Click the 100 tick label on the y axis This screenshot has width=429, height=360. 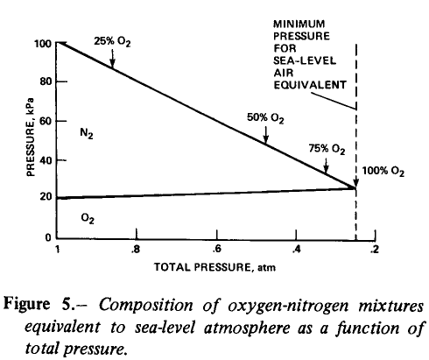pos(43,44)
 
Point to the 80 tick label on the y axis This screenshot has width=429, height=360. pos(46,81)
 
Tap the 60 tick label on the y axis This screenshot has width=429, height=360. pos(46,121)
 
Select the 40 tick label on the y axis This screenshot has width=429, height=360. pos(46,160)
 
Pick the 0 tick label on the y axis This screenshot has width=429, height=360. pos(48,237)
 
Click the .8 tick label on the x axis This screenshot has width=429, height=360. pos(135,250)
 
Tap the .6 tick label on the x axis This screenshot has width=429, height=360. pos(216,250)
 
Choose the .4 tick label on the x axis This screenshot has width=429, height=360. pos(296,250)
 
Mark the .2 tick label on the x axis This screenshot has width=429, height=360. pos(375,250)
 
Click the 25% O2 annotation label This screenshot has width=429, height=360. pos(112,42)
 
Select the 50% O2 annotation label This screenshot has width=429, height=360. pos(265,118)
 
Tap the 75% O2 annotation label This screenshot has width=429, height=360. pos(327,149)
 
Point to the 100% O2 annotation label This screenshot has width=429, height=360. pos(383,172)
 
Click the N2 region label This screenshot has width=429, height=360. pos(87,134)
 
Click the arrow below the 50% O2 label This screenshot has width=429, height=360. pos(266,135)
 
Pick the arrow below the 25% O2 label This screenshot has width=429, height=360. pos(112,59)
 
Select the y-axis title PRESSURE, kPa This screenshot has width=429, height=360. pos(31,138)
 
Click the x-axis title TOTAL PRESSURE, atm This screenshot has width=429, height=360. pos(214,267)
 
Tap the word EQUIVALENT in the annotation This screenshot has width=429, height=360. pos(310,85)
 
